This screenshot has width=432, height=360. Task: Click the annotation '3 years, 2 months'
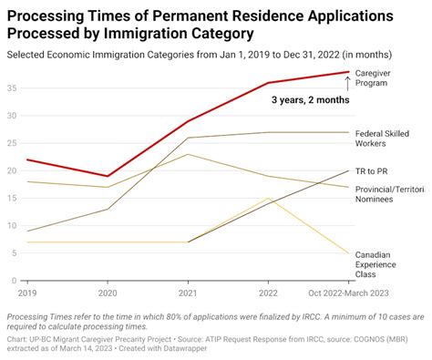pos(309,100)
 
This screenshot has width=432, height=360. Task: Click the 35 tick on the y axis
pos(10,88)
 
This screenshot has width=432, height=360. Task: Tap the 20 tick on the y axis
pos(10,171)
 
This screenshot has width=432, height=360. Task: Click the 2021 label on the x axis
pos(188,293)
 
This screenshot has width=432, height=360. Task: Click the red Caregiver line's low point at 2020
pos(108,176)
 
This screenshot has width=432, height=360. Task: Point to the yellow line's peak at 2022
pos(268,198)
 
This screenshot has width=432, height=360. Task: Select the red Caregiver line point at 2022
pos(268,83)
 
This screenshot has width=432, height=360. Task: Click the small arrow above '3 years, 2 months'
pos(347,85)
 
